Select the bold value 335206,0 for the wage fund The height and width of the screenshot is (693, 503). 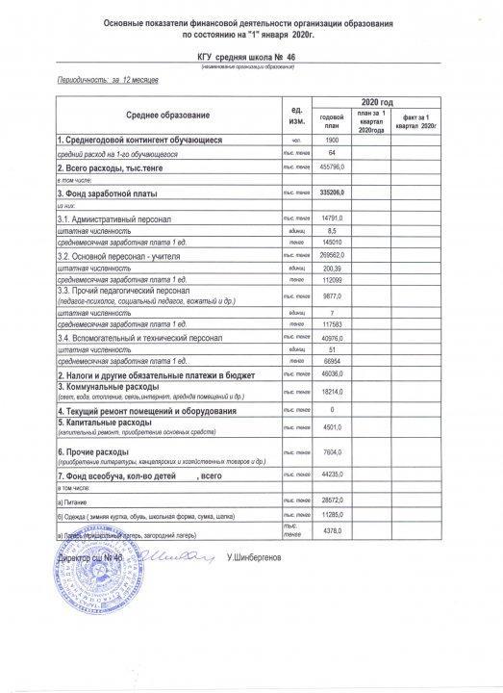331,193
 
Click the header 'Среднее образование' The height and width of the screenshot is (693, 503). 167,115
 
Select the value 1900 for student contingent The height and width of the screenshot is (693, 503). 331,141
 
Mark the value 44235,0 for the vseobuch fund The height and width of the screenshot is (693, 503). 331,475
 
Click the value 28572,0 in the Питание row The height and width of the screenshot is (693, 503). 331,501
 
